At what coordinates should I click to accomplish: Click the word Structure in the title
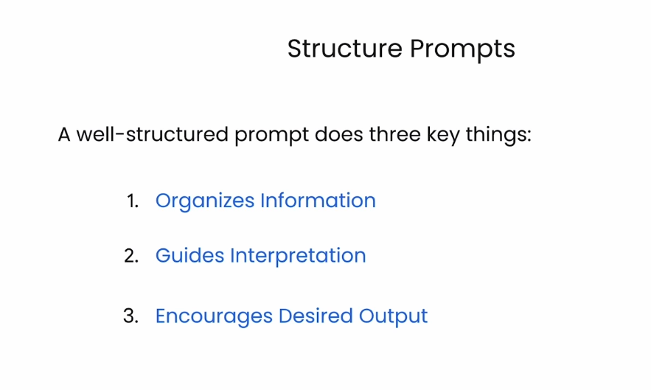point(344,48)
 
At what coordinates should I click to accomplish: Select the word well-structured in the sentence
point(153,135)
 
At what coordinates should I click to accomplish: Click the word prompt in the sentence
point(271,136)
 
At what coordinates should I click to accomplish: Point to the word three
point(394,135)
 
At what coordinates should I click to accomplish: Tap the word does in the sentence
point(339,135)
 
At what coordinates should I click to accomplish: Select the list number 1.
point(133,201)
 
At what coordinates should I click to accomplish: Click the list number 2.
point(131,256)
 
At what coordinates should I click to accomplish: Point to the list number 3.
point(130,316)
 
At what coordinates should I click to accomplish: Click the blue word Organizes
point(205,201)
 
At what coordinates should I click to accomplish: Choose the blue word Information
point(318,201)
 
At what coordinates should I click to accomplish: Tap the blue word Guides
point(189,255)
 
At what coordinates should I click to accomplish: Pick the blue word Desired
point(316,316)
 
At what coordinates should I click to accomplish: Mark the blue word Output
point(393,317)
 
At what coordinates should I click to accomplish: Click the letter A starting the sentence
point(64,135)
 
